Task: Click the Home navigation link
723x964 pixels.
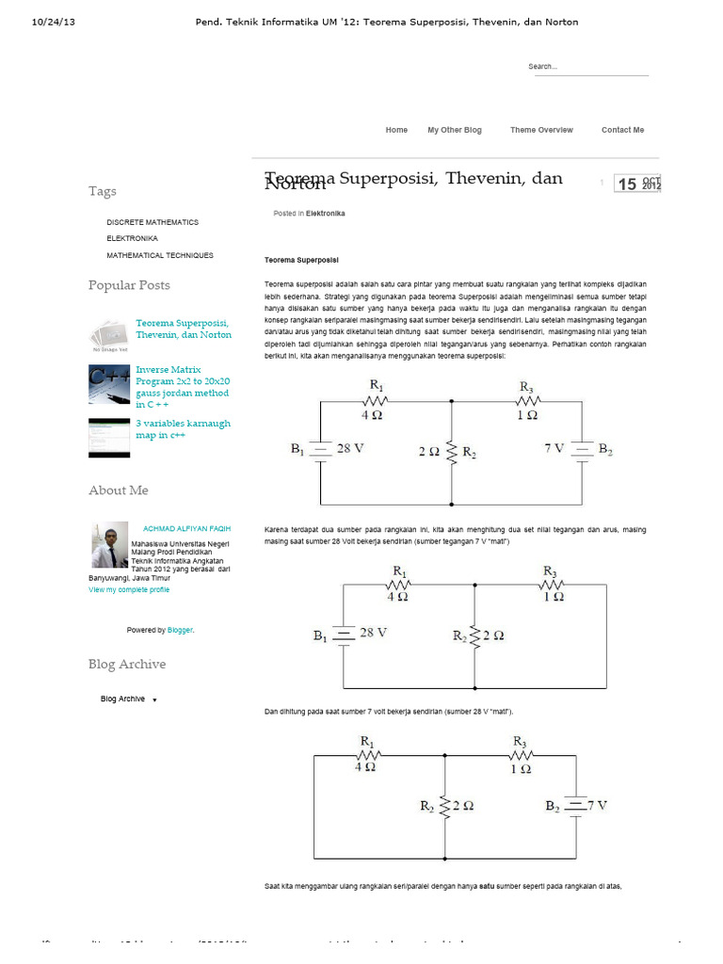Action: click(x=396, y=130)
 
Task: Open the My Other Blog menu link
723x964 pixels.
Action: click(x=455, y=130)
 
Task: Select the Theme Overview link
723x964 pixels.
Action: click(x=541, y=130)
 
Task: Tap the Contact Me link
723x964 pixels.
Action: click(x=622, y=130)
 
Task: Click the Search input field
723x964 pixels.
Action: click(x=587, y=67)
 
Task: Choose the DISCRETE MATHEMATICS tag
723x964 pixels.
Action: click(x=153, y=222)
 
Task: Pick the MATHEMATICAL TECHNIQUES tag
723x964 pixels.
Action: click(x=160, y=255)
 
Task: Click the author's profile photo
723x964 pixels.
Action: click(x=109, y=543)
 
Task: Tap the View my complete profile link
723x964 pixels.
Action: click(x=129, y=589)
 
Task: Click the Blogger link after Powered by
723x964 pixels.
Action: click(x=181, y=630)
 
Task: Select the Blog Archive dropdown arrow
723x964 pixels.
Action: click(x=154, y=699)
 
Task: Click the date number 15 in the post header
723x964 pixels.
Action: click(x=627, y=185)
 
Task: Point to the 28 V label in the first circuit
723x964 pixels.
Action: click(x=350, y=449)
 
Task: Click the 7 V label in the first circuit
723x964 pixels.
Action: click(x=554, y=449)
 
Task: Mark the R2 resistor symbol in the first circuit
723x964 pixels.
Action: click(x=452, y=453)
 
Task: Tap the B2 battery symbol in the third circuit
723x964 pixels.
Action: click(x=574, y=806)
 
